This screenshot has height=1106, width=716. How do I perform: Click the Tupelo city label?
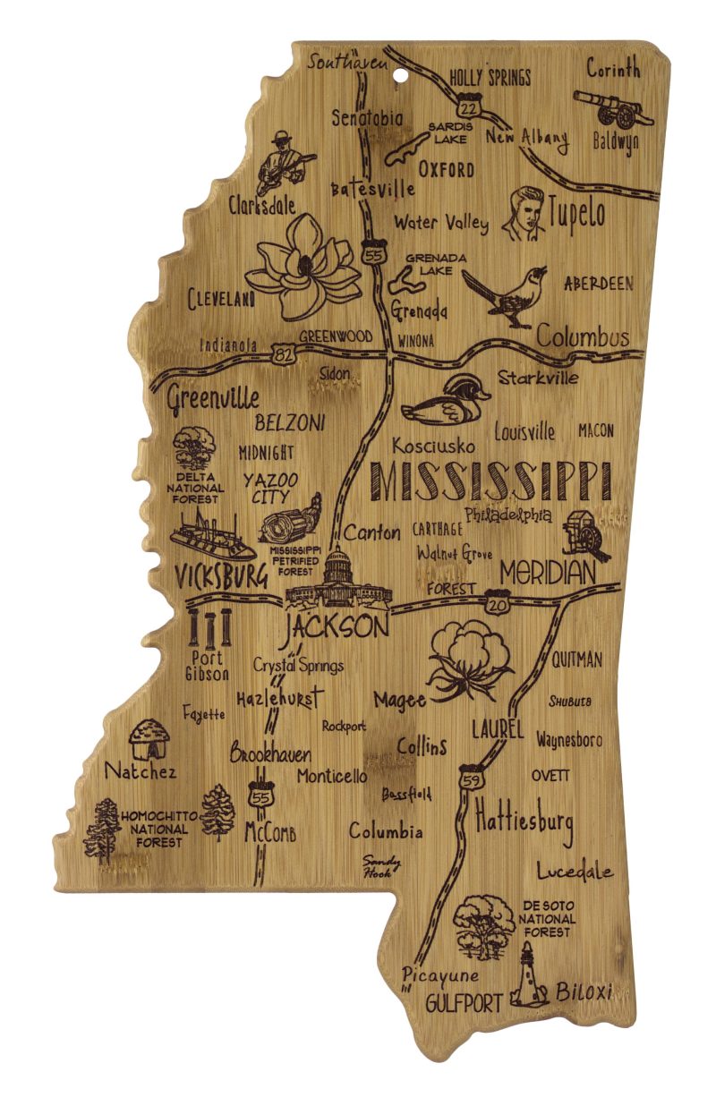pyautogui.click(x=576, y=213)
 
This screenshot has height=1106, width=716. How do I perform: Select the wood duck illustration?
pyautogui.click(x=445, y=400)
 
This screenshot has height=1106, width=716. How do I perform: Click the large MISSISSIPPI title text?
pyautogui.click(x=490, y=481)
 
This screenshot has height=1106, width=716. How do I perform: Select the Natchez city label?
pyautogui.click(x=141, y=770)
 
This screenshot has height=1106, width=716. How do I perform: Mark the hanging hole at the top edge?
pyautogui.click(x=396, y=62)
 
